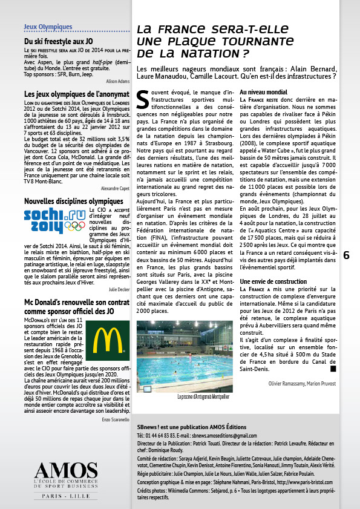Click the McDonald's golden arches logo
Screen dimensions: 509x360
[104, 340]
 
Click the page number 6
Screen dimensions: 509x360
[346, 255]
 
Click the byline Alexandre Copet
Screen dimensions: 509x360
[114, 189]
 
